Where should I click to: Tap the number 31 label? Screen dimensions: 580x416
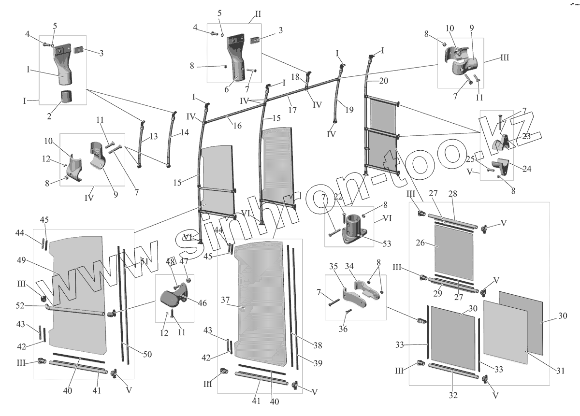[560, 371]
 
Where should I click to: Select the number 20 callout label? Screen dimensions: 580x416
[383, 81]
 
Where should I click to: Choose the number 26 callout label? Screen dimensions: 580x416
[420, 243]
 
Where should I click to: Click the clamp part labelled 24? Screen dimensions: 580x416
[501, 167]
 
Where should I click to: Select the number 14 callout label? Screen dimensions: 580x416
[185, 132]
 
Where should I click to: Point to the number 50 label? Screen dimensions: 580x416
[147, 354]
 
